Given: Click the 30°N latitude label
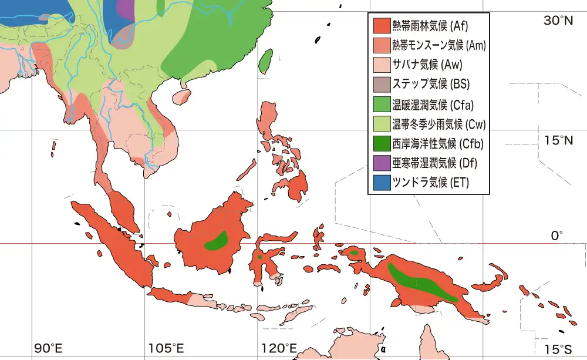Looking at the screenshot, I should pyautogui.click(x=558, y=21).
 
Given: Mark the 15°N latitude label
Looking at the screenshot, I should pyautogui.click(x=558, y=140).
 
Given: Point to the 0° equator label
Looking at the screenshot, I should pyautogui.click(x=556, y=235).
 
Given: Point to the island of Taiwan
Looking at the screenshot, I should pyautogui.click(x=266, y=60).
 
